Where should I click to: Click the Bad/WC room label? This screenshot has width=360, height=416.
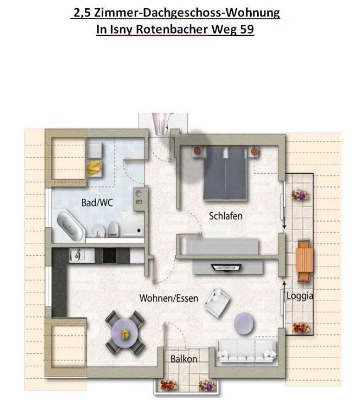[x=97, y=203]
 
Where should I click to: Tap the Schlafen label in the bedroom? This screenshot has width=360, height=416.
[x=225, y=216]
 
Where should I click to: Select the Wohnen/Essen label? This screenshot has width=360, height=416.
[x=169, y=298]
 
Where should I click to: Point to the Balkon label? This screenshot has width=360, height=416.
[x=184, y=359]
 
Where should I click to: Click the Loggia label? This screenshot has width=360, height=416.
[x=300, y=296]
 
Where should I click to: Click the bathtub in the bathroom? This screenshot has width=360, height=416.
[x=70, y=226]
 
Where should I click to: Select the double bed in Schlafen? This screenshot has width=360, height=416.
[x=225, y=174]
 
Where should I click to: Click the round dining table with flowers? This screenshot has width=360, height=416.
[x=124, y=333]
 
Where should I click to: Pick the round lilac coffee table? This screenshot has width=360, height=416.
[x=244, y=324]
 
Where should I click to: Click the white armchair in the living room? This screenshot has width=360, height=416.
[x=217, y=303]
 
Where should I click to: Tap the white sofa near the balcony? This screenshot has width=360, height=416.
[x=247, y=351]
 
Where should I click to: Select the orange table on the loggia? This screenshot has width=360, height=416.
[x=304, y=260]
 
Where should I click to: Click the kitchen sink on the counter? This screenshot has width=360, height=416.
[x=77, y=256]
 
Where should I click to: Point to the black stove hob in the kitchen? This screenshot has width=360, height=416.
[x=109, y=256]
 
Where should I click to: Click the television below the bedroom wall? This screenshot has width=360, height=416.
[x=226, y=268]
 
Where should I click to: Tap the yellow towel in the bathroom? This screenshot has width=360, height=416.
[x=94, y=168]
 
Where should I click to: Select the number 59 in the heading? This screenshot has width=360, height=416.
[x=246, y=29]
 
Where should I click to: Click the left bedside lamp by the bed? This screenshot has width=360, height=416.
[x=197, y=151]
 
